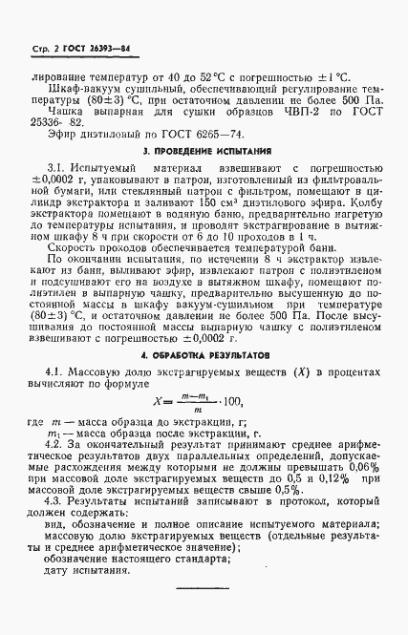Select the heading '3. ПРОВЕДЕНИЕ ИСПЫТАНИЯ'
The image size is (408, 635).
pyautogui.click(x=204, y=151)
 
